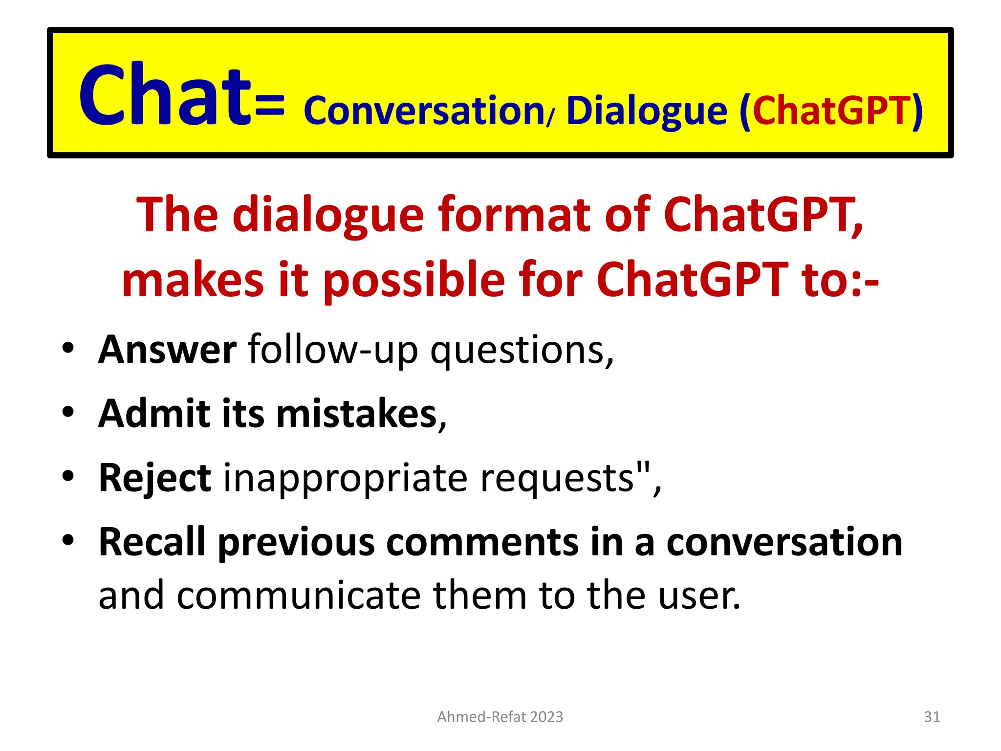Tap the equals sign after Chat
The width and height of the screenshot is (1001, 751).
coord(269,108)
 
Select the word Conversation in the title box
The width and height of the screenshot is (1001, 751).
coord(424,111)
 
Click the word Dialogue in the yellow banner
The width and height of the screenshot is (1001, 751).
coord(646,111)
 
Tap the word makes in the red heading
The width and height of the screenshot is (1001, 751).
coord(193,280)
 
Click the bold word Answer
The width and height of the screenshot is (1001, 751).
coord(168,350)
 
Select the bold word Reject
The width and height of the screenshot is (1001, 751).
coord(155,479)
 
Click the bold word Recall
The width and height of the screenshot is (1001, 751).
coord(152,542)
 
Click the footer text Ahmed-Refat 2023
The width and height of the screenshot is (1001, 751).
coord(500,717)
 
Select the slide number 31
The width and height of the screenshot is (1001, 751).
coord(932,717)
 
